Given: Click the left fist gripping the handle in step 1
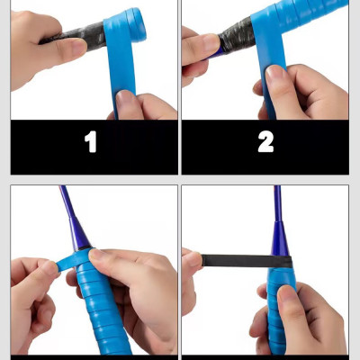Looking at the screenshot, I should pyautogui.click(x=36, y=49).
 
